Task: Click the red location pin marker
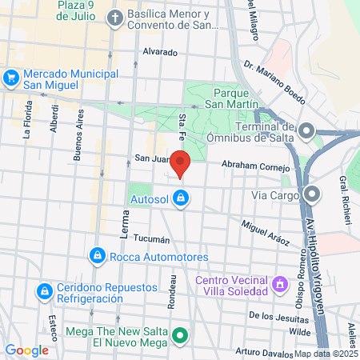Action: point(181,162)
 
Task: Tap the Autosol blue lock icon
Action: point(182,197)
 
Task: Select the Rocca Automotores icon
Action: point(97,256)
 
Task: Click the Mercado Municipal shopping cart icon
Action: point(11,78)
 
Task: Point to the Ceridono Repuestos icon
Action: point(46,288)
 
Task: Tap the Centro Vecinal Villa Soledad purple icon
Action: point(279,284)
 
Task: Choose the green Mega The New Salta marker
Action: point(181,336)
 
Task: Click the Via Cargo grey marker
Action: point(312,194)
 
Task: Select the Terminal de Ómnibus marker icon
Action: point(307,130)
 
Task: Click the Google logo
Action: point(26,350)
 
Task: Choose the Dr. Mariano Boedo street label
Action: point(274,84)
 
